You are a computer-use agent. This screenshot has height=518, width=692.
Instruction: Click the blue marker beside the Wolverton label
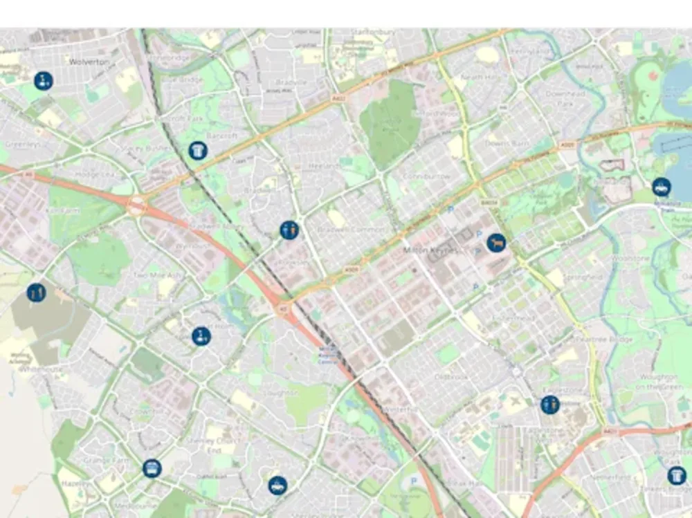click(43, 81)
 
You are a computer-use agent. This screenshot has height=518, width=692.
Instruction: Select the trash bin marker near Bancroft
click(198, 149)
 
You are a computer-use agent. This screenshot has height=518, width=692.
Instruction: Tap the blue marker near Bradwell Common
click(289, 230)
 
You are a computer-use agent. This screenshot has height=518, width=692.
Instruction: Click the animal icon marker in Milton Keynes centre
click(495, 243)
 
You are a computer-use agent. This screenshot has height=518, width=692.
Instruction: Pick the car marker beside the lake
click(661, 187)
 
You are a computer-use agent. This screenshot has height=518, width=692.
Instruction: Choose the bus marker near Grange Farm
click(152, 468)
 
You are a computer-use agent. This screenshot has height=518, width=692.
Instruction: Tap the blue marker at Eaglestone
click(550, 405)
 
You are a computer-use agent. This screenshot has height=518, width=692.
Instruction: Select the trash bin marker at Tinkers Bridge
click(677, 476)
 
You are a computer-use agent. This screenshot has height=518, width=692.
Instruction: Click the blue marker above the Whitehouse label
click(36, 293)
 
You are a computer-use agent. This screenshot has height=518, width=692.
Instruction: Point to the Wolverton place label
click(89, 62)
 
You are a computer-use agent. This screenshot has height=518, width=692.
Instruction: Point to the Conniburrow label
click(426, 176)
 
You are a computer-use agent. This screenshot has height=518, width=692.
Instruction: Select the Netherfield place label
click(610, 477)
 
